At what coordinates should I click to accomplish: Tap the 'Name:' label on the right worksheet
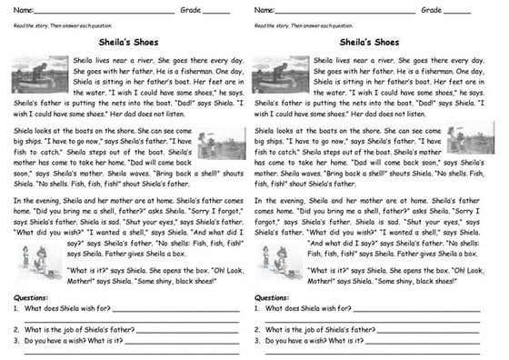coord(266,10)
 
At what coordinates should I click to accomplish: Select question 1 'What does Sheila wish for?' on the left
coord(63,309)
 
